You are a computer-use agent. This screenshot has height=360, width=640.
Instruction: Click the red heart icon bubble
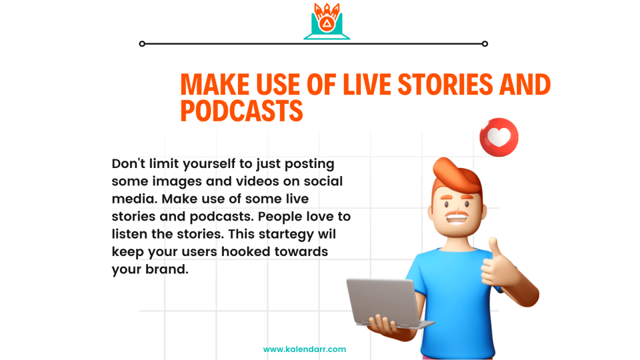pyautogui.click(x=499, y=138)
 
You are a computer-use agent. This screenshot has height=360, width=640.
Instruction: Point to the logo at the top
pyautogui.click(x=327, y=21)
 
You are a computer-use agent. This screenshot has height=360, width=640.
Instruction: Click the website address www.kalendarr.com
pyautogui.click(x=305, y=349)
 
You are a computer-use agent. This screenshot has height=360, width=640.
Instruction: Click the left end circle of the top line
pyautogui.click(x=142, y=44)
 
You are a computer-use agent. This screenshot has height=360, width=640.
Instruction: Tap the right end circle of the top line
pyautogui.click(x=485, y=44)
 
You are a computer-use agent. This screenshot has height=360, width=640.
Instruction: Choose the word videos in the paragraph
pyautogui.click(x=257, y=181)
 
